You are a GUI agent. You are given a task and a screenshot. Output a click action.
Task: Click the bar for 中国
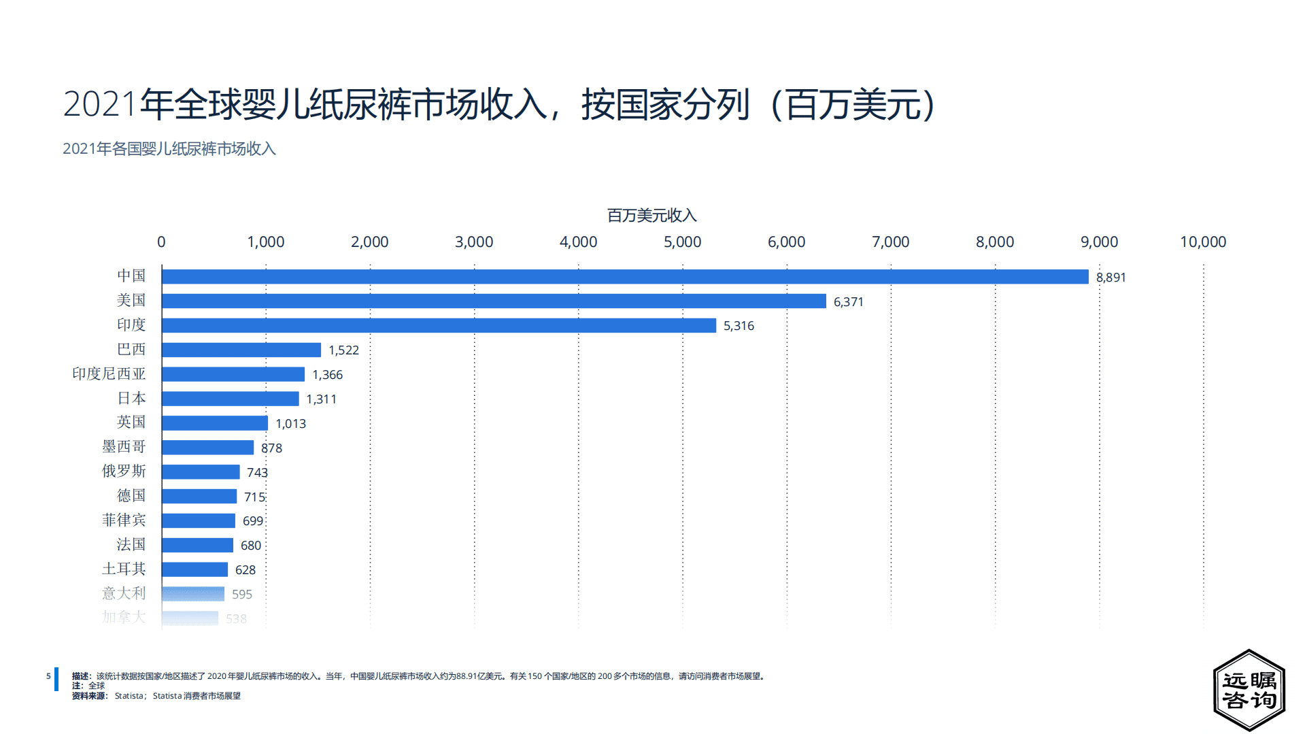[x=625, y=277]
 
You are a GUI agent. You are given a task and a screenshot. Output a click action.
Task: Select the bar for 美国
[x=494, y=301]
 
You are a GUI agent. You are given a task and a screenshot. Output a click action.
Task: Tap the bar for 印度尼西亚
[x=233, y=374]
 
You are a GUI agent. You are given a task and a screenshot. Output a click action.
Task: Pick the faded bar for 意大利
[x=193, y=594]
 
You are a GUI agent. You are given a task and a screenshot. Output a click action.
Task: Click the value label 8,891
[x=1111, y=278]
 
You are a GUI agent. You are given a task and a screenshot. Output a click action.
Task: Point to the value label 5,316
[x=739, y=326]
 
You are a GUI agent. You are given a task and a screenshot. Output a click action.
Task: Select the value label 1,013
[x=290, y=424]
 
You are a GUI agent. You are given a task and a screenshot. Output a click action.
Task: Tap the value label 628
[x=245, y=570]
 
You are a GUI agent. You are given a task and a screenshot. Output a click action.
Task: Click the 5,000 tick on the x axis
[x=682, y=242]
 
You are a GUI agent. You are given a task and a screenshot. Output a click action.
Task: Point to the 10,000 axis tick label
[x=1202, y=242]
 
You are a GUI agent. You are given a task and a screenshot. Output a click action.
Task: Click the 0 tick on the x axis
[x=161, y=242]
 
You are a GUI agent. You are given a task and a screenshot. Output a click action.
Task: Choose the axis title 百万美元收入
[x=651, y=216]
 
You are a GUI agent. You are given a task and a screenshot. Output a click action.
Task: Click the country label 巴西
[x=131, y=350]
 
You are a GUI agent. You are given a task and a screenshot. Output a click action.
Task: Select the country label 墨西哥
[x=124, y=447]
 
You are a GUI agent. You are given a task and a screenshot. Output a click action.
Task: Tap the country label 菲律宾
[x=124, y=520]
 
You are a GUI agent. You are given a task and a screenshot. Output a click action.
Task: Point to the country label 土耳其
[x=124, y=569]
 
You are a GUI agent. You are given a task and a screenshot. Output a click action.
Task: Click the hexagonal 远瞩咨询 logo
[x=1249, y=690]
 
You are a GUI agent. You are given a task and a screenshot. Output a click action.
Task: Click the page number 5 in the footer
[x=48, y=676]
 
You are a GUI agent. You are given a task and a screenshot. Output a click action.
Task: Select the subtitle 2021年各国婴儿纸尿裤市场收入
[x=169, y=149]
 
